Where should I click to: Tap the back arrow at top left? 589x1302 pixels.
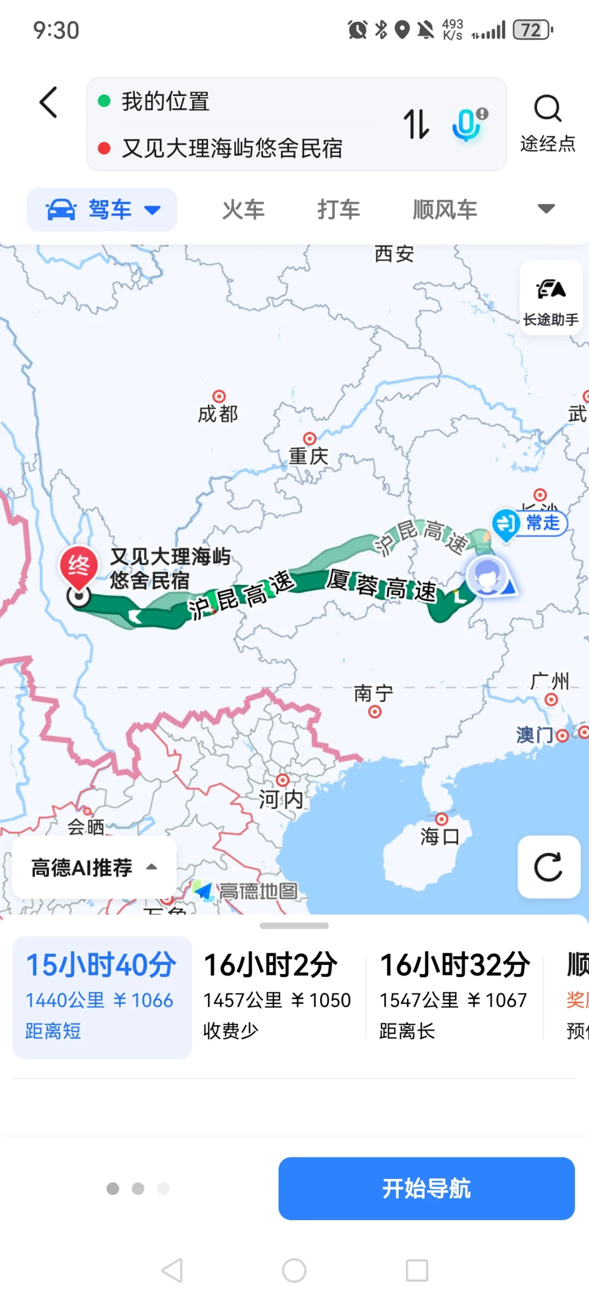(x=49, y=103)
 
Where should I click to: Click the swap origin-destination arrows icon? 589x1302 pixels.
(x=416, y=124)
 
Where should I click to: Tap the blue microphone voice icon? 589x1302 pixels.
(x=468, y=124)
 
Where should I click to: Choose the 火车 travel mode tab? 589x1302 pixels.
(x=243, y=209)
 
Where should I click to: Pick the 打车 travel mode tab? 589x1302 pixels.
(x=339, y=209)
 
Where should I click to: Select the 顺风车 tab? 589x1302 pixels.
(x=445, y=209)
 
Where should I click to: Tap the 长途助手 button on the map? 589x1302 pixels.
(x=551, y=297)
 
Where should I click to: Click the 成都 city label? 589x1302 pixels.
(x=218, y=414)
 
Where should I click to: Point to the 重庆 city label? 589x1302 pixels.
(x=309, y=456)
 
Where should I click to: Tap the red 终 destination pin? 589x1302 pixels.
(x=79, y=567)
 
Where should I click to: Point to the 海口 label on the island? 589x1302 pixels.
(x=440, y=836)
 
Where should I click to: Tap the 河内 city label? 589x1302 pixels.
(x=281, y=800)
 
